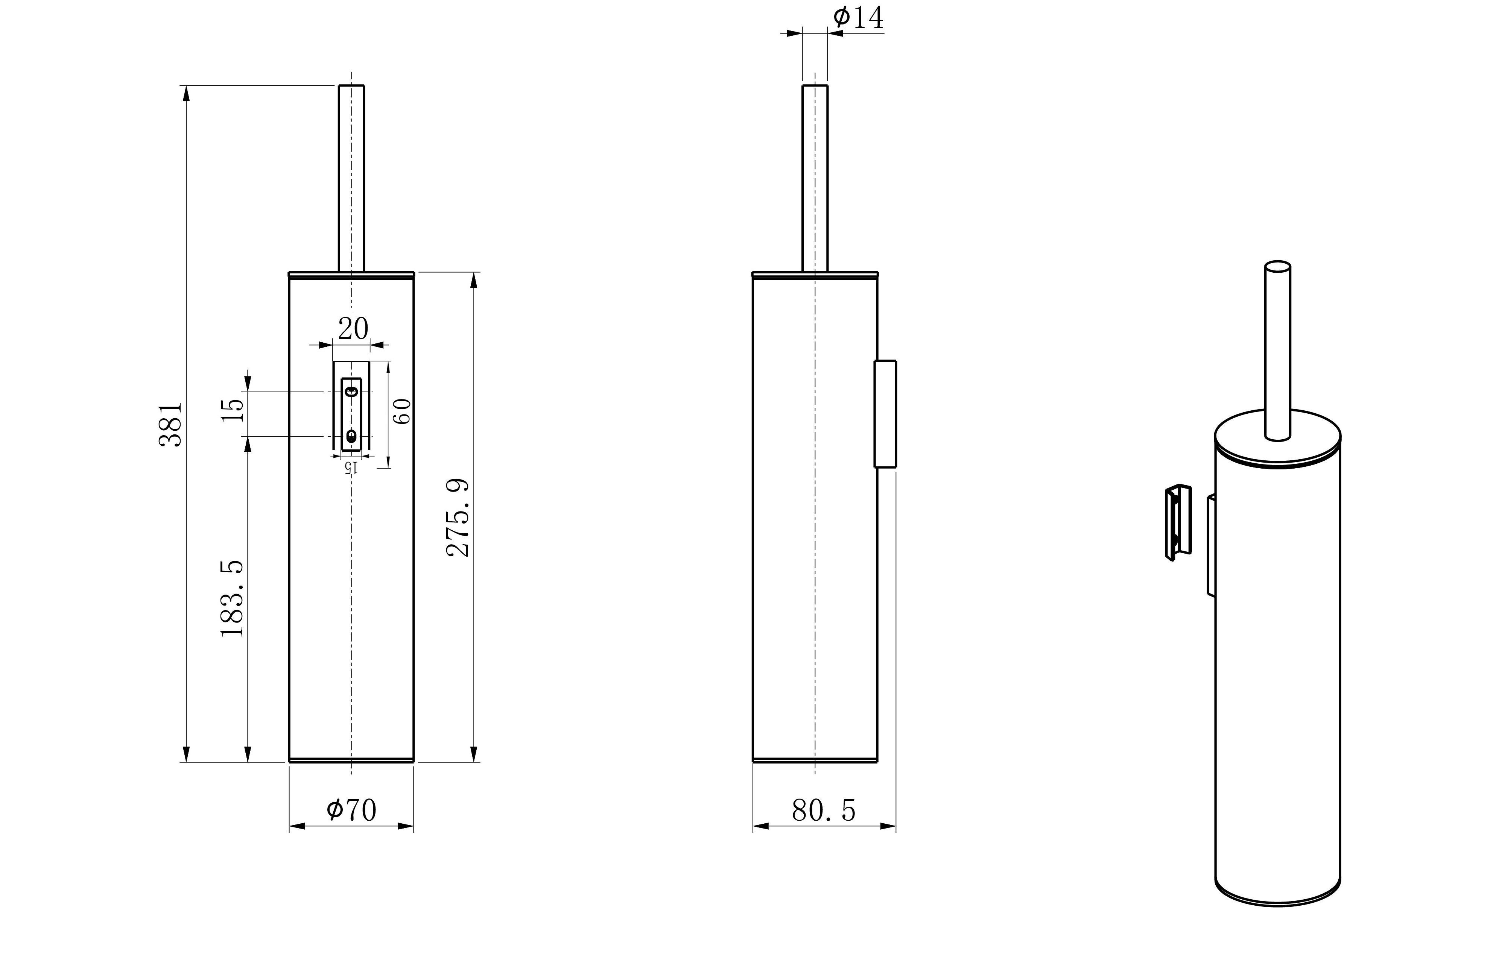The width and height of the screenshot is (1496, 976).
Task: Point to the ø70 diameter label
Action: click(x=351, y=810)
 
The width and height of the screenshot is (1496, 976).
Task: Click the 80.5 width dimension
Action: click(x=823, y=811)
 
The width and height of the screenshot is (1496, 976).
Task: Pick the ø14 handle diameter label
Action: click(x=858, y=18)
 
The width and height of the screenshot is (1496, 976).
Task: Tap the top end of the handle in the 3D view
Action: click(x=1278, y=266)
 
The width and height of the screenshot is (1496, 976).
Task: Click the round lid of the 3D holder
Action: click(x=1278, y=440)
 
